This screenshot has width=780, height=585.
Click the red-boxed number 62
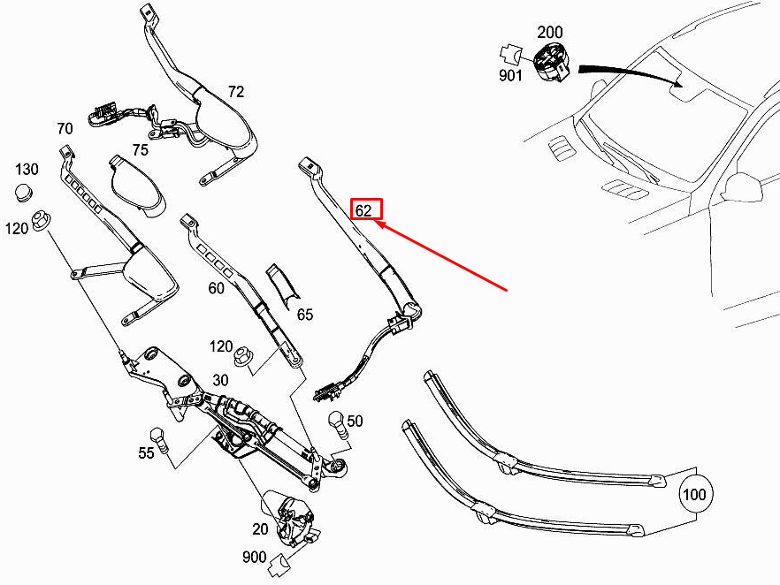click(363, 210)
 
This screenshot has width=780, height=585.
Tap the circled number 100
click(694, 494)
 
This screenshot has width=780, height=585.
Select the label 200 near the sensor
click(550, 33)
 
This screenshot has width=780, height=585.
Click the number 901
click(510, 75)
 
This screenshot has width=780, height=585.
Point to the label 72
click(236, 92)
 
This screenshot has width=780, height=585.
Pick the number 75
click(141, 149)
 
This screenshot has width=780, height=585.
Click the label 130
click(27, 170)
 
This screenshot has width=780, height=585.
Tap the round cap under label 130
click(23, 193)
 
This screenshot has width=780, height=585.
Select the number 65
click(305, 315)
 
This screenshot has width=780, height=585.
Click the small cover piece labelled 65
click(281, 287)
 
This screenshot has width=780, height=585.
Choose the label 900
click(254, 558)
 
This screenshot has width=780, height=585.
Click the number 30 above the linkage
click(220, 380)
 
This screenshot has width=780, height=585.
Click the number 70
click(65, 129)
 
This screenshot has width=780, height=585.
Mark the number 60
click(216, 288)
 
